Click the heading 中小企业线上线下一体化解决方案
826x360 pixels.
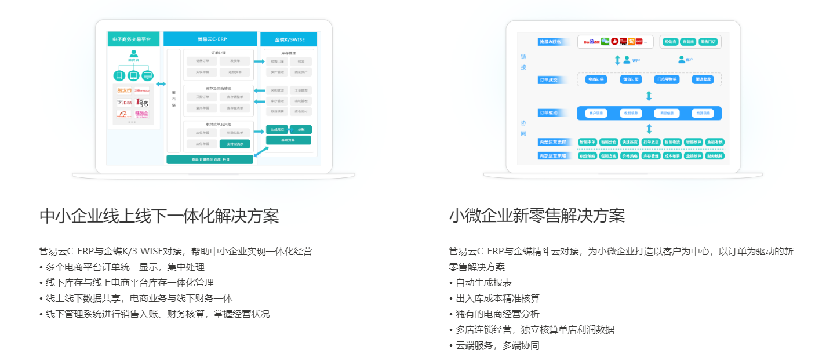pos(159,216)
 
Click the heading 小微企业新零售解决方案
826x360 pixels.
pos(537,216)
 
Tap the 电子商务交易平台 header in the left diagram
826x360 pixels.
pos(133,39)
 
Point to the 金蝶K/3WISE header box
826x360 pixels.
pos(289,39)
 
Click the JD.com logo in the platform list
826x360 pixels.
pos(124,103)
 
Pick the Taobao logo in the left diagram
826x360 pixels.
pos(124,90)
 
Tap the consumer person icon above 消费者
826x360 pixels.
pos(133,54)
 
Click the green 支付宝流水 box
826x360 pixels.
pos(235,143)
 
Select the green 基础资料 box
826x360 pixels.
pos(288,140)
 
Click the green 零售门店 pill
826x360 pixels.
pos(708,42)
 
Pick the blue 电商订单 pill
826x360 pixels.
pos(596,79)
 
